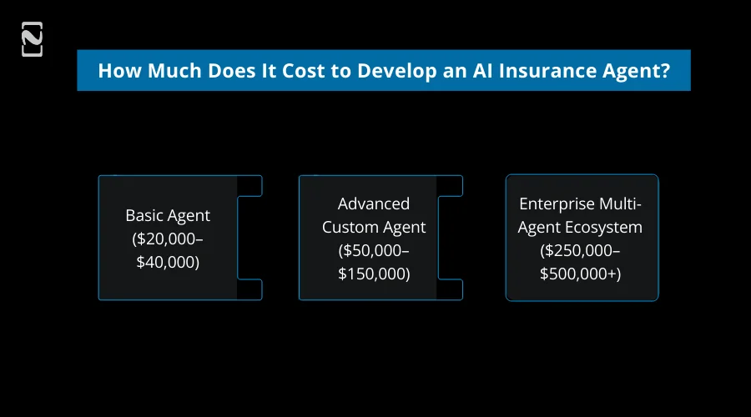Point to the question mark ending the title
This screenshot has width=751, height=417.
click(x=665, y=70)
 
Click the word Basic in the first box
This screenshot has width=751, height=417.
click(x=143, y=215)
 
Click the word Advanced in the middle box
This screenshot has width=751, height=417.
click(x=374, y=203)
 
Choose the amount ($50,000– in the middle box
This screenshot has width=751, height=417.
click(x=374, y=250)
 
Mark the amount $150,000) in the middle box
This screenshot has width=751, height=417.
click(x=374, y=273)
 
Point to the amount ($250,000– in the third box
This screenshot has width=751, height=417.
click(x=582, y=250)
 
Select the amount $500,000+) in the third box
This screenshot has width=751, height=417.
click(x=582, y=273)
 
